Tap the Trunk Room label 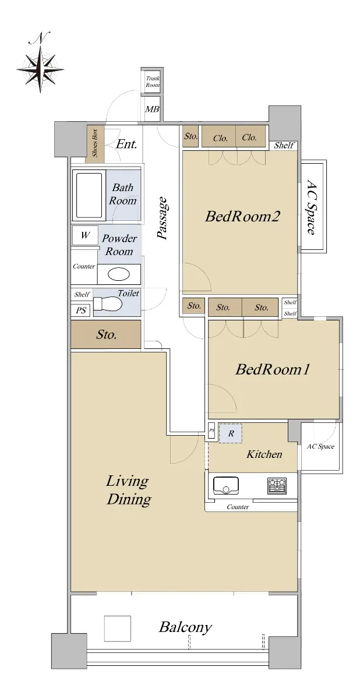pyautogui.click(x=152, y=82)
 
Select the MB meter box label pyautogui.click(x=152, y=109)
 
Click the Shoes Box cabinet pyautogui.click(x=95, y=143)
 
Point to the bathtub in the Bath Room pyautogui.click(x=89, y=196)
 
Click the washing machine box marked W pyautogui.click(x=85, y=235)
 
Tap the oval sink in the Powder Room pyautogui.click(x=119, y=274)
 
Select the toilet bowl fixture pyautogui.click(x=108, y=304)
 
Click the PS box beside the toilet pyautogui.click(x=81, y=310)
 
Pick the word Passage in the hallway pyautogui.click(x=163, y=218)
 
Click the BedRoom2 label pyautogui.click(x=242, y=216)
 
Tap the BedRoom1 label pyautogui.click(x=273, y=369)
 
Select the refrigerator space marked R pyautogui.click(x=231, y=433)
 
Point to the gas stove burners pyautogui.click(x=277, y=486)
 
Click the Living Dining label pyautogui.click(x=128, y=490)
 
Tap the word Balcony pyautogui.click(x=185, y=627)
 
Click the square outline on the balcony pyautogui.click(x=117, y=629)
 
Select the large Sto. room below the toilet pyautogui.click(x=106, y=334)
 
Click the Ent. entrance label pyautogui.click(x=126, y=144)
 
